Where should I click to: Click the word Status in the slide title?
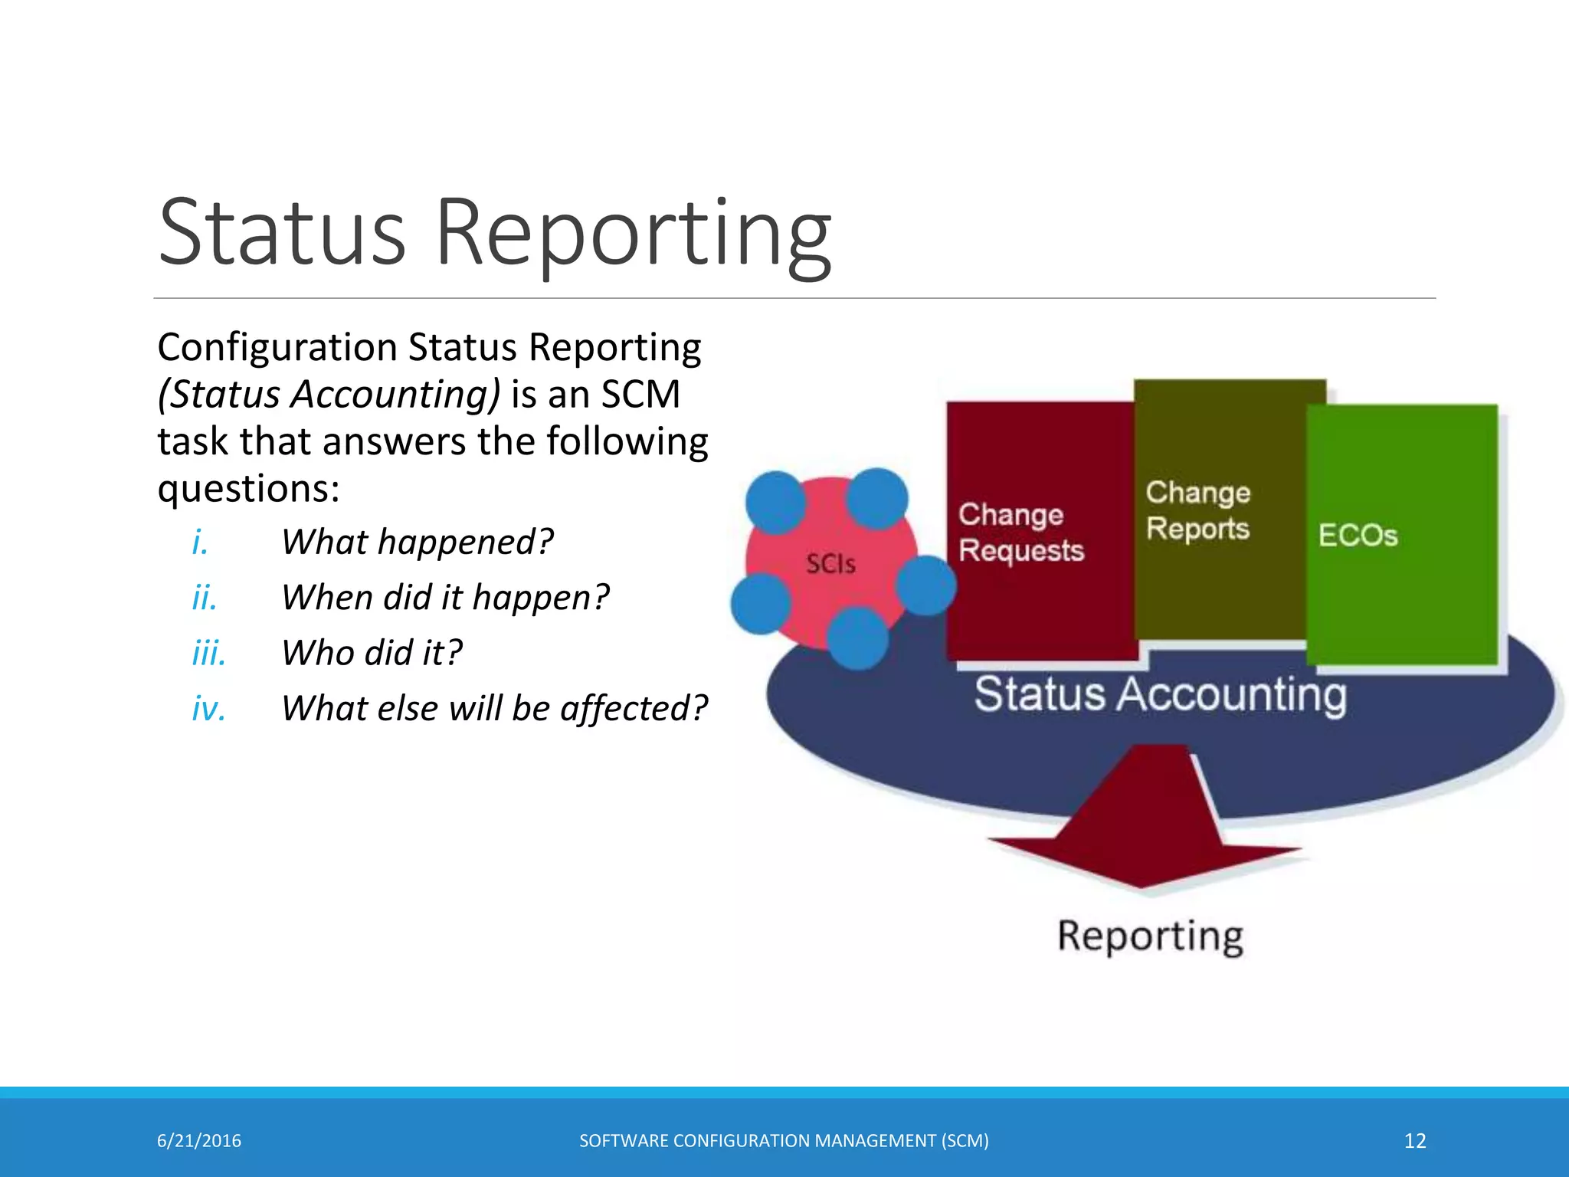click(281, 232)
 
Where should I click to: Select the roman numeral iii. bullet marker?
click(208, 653)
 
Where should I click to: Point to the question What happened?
click(417, 542)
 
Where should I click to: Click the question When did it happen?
click(445, 597)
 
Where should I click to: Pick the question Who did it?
click(372, 653)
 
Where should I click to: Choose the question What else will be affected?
click(494, 708)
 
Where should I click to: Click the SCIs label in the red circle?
click(830, 564)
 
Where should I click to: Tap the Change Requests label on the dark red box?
click(1020, 533)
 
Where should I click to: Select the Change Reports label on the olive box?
click(1197, 510)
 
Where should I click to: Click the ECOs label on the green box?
click(1358, 535)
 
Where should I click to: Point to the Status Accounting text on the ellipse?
click(1160, 694)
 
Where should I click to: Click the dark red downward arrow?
click(1143, 828)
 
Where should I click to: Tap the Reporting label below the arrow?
click(1150, 936)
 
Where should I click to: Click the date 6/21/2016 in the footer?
click(199, 1141)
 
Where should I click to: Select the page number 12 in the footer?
click(1414, 1141)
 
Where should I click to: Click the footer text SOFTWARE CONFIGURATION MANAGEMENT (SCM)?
click(784, 1141)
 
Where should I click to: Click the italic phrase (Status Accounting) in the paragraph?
click(329, 395)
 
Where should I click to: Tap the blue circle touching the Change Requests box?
click(926, 585)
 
